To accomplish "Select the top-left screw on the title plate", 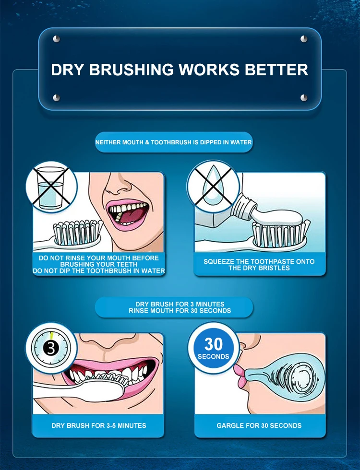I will [x=56, y=39].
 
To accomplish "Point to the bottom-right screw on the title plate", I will [x=304, y=98].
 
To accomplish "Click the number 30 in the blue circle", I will [x=213, y=344].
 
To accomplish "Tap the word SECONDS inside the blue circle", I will [x=213, y=357].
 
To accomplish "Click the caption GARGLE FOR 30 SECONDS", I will [x=259, y=425].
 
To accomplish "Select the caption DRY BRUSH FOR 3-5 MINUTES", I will [x=98, y=425].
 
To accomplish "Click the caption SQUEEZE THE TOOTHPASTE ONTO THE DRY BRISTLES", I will [x=259, y=265].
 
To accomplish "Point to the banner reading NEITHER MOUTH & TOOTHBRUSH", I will [x=174, y=142].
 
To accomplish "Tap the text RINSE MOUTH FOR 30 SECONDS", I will [x=180, y=311].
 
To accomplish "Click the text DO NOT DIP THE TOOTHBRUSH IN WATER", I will [x=99, y=271].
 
